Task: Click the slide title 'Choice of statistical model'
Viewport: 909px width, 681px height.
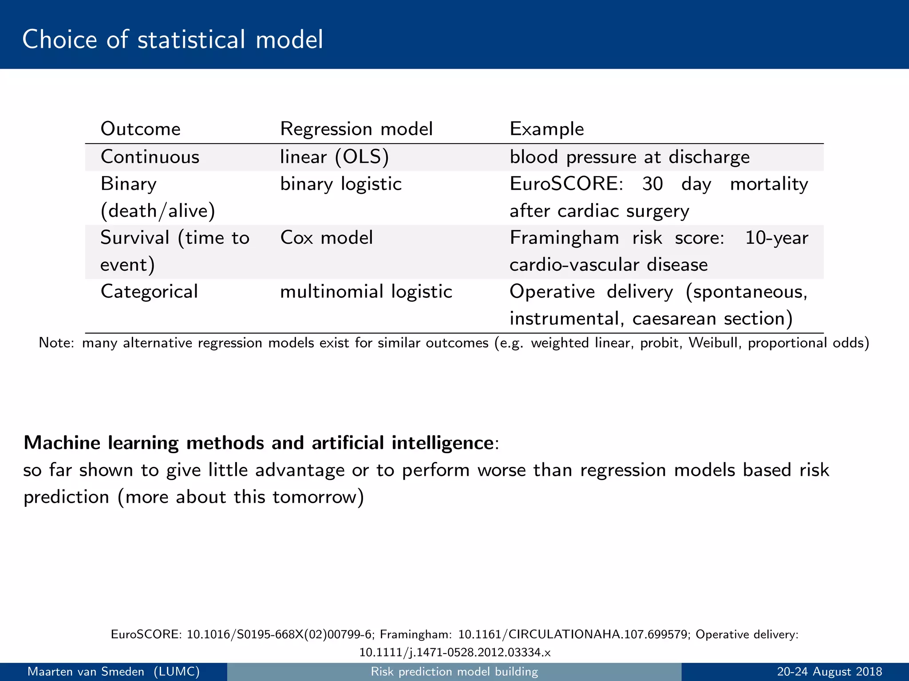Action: pyautogui.click(x=172, y=39)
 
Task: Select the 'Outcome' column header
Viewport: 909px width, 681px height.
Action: pyautogui.click(x=140, y=129)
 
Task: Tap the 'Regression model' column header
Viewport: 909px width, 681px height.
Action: pyautogui.click(x=356, y=129)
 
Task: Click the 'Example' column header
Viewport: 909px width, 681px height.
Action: pyautogui.click(x=546, y=129)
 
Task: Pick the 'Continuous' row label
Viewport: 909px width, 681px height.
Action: pyautogui.click(x=150, y=157)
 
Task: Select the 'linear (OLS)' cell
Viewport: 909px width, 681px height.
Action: pyautogui.click(x=334, y=157)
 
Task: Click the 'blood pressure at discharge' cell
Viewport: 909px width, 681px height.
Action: pyautogui.click(x=629, y=157)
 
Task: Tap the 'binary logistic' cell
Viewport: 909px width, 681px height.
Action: pyautogui.click(x=341, y=184)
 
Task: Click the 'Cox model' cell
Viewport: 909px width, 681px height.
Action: pyautogui.click(x=326, y=238)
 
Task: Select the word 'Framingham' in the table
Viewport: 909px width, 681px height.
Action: pyautogui.click(x=564, y=238)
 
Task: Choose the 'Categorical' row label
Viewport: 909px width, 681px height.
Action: pyautogui.click(x=149, y=292)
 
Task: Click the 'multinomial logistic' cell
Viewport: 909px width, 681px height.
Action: pyautogui.click(x=366, y=292)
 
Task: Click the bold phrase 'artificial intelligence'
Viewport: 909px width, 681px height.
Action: pyautogui.click(x=402, y=443)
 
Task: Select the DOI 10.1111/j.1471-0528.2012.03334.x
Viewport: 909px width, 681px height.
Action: pyautogui.click(x=454, y=652)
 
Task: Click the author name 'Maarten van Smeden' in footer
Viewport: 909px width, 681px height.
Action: pyautogui.click(x=86, y=672)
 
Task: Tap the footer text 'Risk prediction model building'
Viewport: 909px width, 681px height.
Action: pyautogui.click(x=454, y=672)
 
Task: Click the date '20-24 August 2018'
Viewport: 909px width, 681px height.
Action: pyautogui.click(x=829, y=672)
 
